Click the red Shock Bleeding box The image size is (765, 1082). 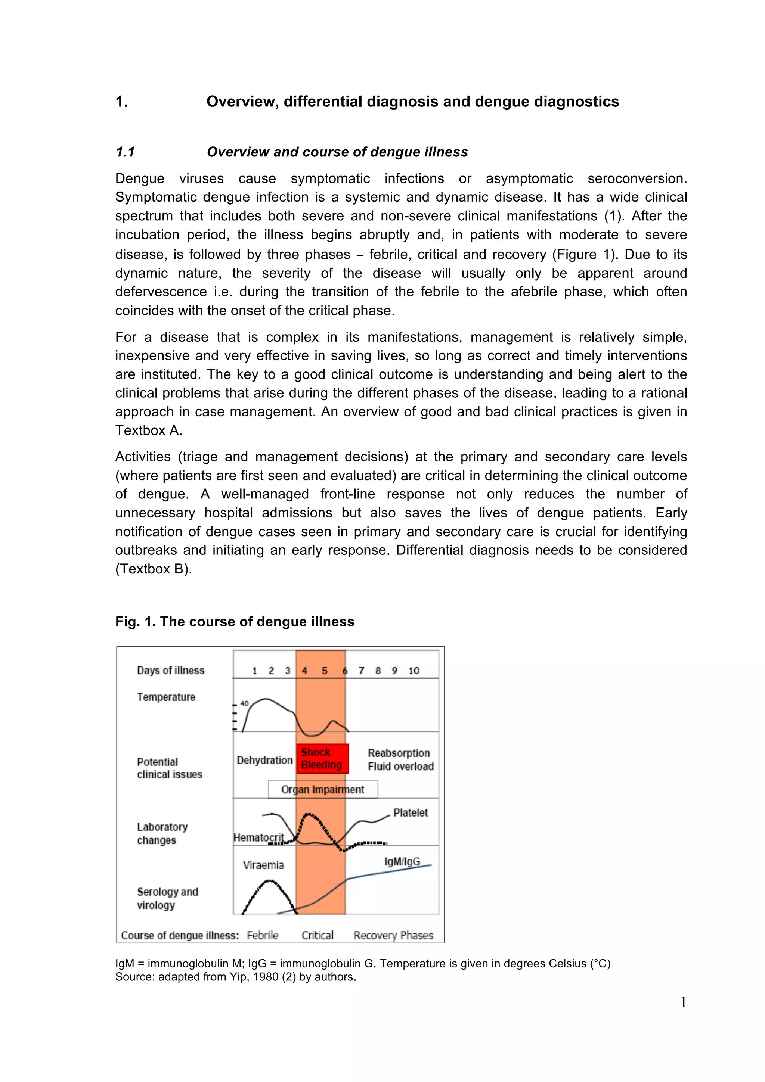(x=322, y=758)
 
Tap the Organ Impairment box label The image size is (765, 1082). (x=323, y=789)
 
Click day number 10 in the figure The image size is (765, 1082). (x=414, y=671)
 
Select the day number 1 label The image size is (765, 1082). (x=254, y=671)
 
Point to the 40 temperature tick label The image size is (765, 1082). (x=245, y=703)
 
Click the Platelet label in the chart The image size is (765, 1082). (x=411, y=812)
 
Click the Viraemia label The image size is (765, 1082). (x=263, y=865)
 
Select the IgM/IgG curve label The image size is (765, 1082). (x=402, y=861)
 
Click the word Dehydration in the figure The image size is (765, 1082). (x=264, y=760)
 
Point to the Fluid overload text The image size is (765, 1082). (x=401, y=766)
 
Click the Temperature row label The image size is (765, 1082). (x=166, y=697)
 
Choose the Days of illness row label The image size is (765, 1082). (x=171, y=670)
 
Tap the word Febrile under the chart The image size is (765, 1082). (x=263, y=935)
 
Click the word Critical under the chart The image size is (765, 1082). (x=317, y=935)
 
